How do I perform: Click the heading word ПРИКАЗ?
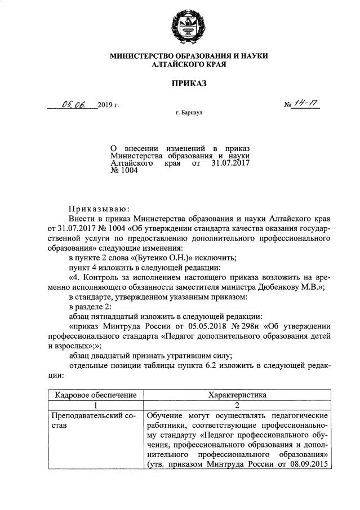[x=189, y=84]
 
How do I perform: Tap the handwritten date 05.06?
[x=72, y=104]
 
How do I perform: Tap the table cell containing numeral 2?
[x=237, y=405]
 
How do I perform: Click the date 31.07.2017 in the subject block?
[x=230, y=162]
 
